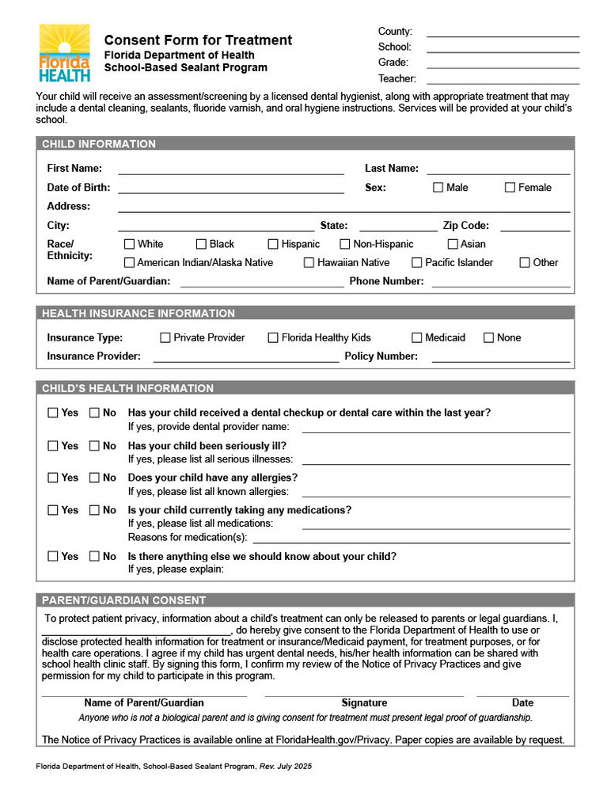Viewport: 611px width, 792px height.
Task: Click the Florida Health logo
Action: [64, 53]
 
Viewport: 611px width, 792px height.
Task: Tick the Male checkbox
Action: [438, 188]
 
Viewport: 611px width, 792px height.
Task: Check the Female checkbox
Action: [510, 188]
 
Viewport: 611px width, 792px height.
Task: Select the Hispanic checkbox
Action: [273, 245]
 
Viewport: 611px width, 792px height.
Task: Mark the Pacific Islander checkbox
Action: [417, 263]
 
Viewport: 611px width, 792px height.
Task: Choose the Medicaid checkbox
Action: [417, 338]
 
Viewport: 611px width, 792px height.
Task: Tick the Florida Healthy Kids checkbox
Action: [273, 338]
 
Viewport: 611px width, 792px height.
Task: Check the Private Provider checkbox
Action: [165, 338]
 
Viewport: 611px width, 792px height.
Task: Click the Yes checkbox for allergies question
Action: [53, 478]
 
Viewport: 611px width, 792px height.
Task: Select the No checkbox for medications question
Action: [94, 511]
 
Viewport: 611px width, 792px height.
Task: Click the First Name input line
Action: [230, 169]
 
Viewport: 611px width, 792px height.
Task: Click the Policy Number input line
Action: [500, 357]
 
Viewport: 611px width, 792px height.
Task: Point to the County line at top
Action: [503, 32]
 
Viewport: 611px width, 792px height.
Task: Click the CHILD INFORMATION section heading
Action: [99, 144]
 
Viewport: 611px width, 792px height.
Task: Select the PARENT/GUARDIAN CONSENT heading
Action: [123, 600]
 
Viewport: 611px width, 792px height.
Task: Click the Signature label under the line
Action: [364, 703]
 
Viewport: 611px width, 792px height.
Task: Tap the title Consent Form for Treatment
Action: [198, 40]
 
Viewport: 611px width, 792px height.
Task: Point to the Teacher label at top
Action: [397, 78]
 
